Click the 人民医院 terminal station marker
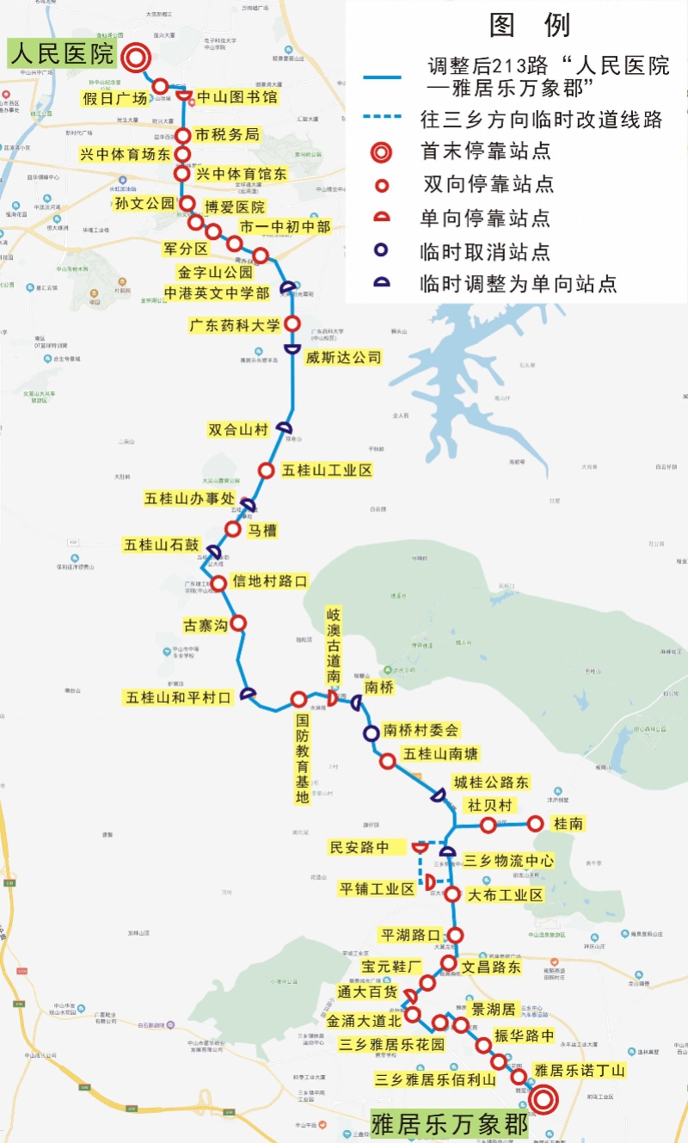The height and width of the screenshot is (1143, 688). coord(136,58)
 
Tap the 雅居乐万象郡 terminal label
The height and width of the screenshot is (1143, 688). coord(449,1124)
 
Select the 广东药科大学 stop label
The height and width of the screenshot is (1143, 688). coord(235,325)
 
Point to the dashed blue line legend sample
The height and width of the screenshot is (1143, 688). coord(382,119)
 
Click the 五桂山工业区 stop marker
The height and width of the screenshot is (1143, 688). coord(267,470)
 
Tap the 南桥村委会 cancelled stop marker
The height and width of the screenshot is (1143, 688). coord(371,734)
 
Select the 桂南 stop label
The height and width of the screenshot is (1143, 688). coord(568,824)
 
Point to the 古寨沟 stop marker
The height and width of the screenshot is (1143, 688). coord(239,623)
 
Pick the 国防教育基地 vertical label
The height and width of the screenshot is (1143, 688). coord(302,758)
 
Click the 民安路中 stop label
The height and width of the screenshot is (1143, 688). coord(359,848)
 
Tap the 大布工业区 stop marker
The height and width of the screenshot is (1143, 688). coord(452,894)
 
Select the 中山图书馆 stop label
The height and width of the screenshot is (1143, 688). coord(237,97)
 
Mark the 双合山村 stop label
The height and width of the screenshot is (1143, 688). coord(239,429)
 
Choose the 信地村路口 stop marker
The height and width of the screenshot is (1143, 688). coord(218,582)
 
